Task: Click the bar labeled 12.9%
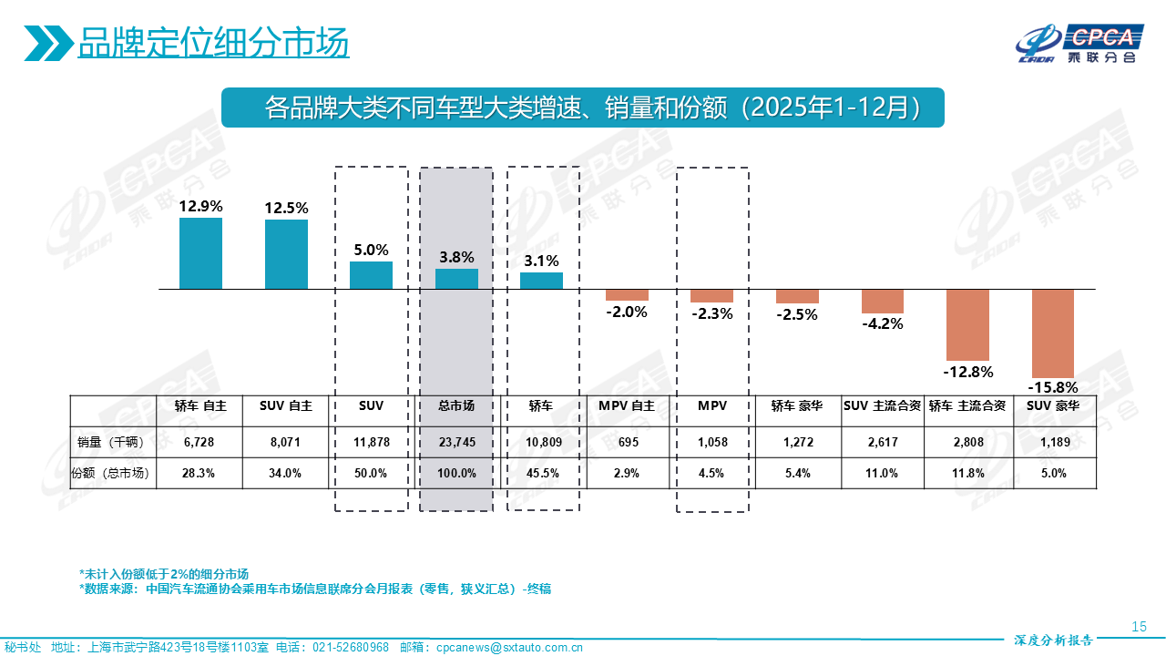click(200, 253)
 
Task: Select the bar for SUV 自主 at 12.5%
click(286, 254)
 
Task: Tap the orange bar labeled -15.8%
click(1052, 333)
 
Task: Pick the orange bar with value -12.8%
click(967, 324)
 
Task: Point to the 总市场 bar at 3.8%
click(456, 279)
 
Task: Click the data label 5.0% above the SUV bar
click(372, 250)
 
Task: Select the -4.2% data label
click(882, 323)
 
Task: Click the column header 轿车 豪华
click(797, 405)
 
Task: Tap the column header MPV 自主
click(627, 405)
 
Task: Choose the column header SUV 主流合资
click(882, 405)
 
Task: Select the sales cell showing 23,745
click(456, 442)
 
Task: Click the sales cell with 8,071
click(286, 442)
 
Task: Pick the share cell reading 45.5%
click(542, 473)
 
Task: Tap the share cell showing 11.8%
click(967, 473)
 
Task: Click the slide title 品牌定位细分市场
click(213, 43)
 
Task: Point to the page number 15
click(1139, 626)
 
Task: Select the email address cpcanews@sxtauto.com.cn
click(509, 647)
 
